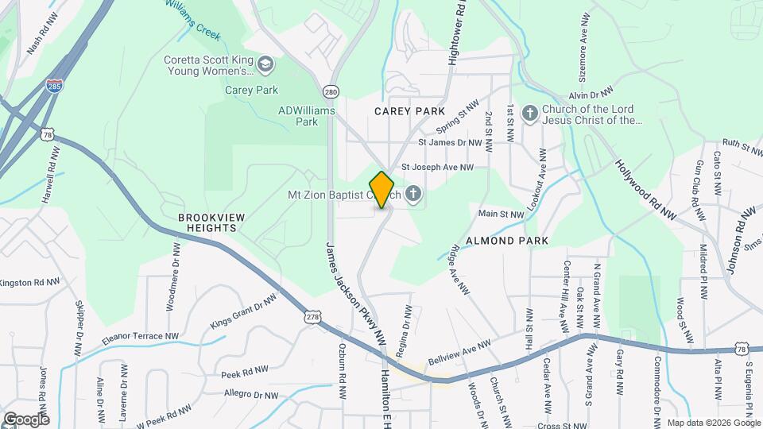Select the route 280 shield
pos(331,91)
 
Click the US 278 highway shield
pos(311,317)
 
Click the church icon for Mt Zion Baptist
pos(413,194)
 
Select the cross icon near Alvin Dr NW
pos(530,114)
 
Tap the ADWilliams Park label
pos(307,117)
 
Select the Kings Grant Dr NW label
pos(244,312)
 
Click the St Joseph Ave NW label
pos(437,168)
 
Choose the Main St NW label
pos(501,214)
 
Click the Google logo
pos(25,419)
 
